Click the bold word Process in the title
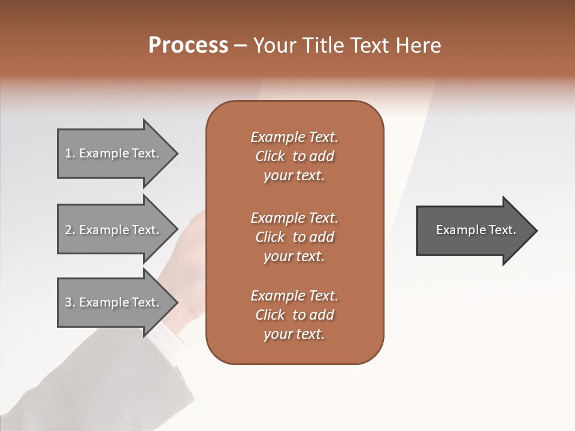click(188, 45)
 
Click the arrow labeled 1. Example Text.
click(114, 154)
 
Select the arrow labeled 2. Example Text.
click(114, 230)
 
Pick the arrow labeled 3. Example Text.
click(114, 302)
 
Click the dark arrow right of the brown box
click(473, 230)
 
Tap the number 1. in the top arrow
click(70, 154)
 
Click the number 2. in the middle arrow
click(70, 230)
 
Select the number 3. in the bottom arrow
click(70, 302)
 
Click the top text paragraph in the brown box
click(294, 156)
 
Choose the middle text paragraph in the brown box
click(294, 237)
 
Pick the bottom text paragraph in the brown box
click(294, 315)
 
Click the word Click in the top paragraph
click(270, 156)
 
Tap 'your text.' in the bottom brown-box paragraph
click(294, 335)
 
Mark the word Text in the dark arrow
click(503, 230)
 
